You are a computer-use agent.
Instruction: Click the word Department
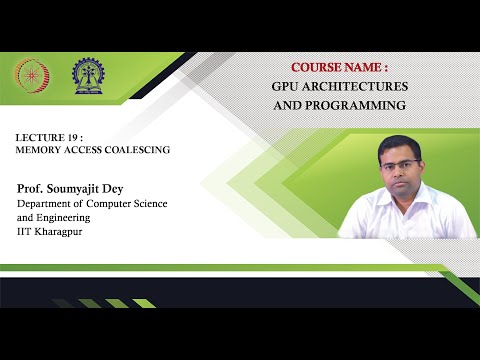click(45, 204)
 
